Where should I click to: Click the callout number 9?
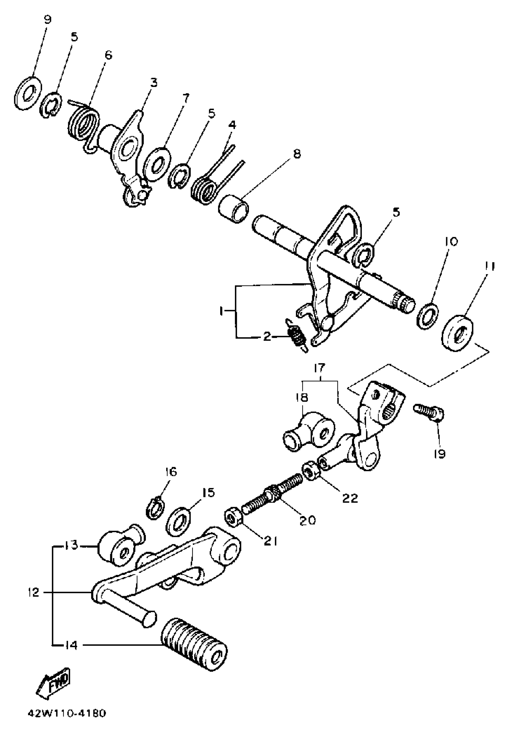(x=47, y=20)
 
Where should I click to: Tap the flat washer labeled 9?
(x=28, y=93)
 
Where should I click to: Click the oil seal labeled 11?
(x=458, y=333)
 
